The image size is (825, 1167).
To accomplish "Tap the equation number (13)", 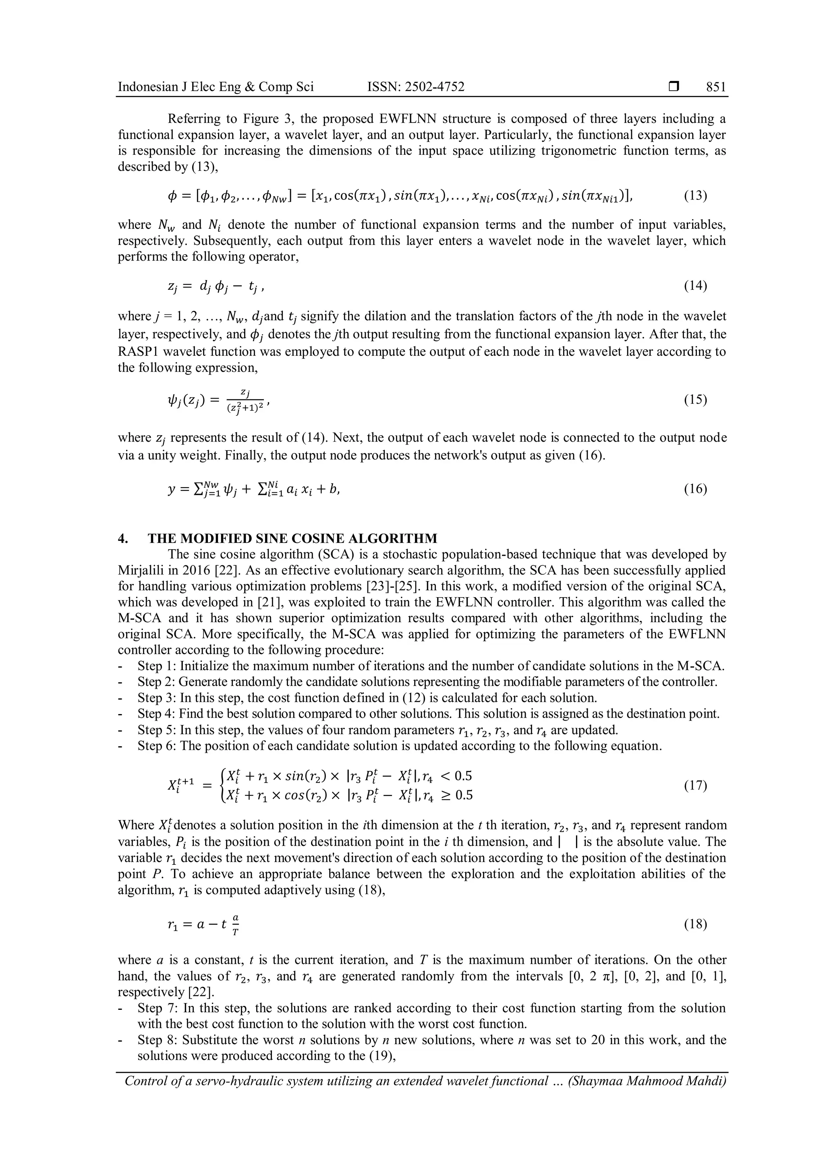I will pos(695,196).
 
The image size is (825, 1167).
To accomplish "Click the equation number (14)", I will pos(695,286).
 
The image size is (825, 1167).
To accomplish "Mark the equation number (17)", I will pos(695,786).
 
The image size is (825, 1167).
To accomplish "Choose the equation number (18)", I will pos(695,924).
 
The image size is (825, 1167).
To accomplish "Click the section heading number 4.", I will pos(122,538).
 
